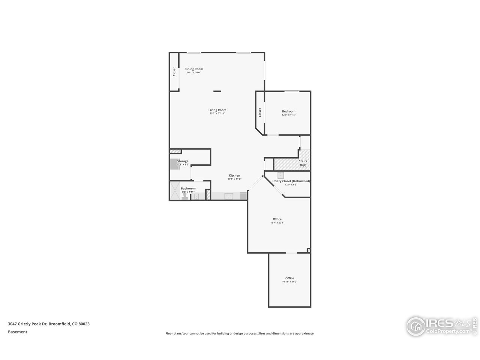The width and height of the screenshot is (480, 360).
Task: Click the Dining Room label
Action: tap(193, 69)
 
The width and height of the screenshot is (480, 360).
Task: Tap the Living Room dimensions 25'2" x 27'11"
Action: tap(217, 114)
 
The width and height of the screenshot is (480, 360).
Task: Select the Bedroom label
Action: tap(288, 111)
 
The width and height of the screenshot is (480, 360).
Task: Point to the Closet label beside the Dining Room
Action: tap(174, 72)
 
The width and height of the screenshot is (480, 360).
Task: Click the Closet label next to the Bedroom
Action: tap(259, 112)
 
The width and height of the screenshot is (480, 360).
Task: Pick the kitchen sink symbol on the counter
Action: tap(229, 196)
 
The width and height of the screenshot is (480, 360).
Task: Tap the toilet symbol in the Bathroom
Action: tap(184, 197)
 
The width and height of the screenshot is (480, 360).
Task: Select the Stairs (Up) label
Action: tap(303, 163)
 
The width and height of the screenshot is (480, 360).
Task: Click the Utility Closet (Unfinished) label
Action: tap(291, 181)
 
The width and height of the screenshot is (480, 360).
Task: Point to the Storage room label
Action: tap(183, 161)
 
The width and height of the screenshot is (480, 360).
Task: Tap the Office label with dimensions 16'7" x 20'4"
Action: tap(277, 219)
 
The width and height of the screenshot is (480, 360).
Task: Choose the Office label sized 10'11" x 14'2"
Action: tap(289, 278)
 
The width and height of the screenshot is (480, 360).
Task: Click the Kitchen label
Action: tap(234, 175)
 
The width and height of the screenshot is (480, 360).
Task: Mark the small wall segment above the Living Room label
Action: tap(217, 91)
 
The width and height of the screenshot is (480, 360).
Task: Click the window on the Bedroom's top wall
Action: tap(292, 91)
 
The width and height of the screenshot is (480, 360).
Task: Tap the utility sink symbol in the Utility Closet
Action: tap(280, 175)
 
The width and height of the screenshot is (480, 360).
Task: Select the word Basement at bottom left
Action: tap(18, 332)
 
